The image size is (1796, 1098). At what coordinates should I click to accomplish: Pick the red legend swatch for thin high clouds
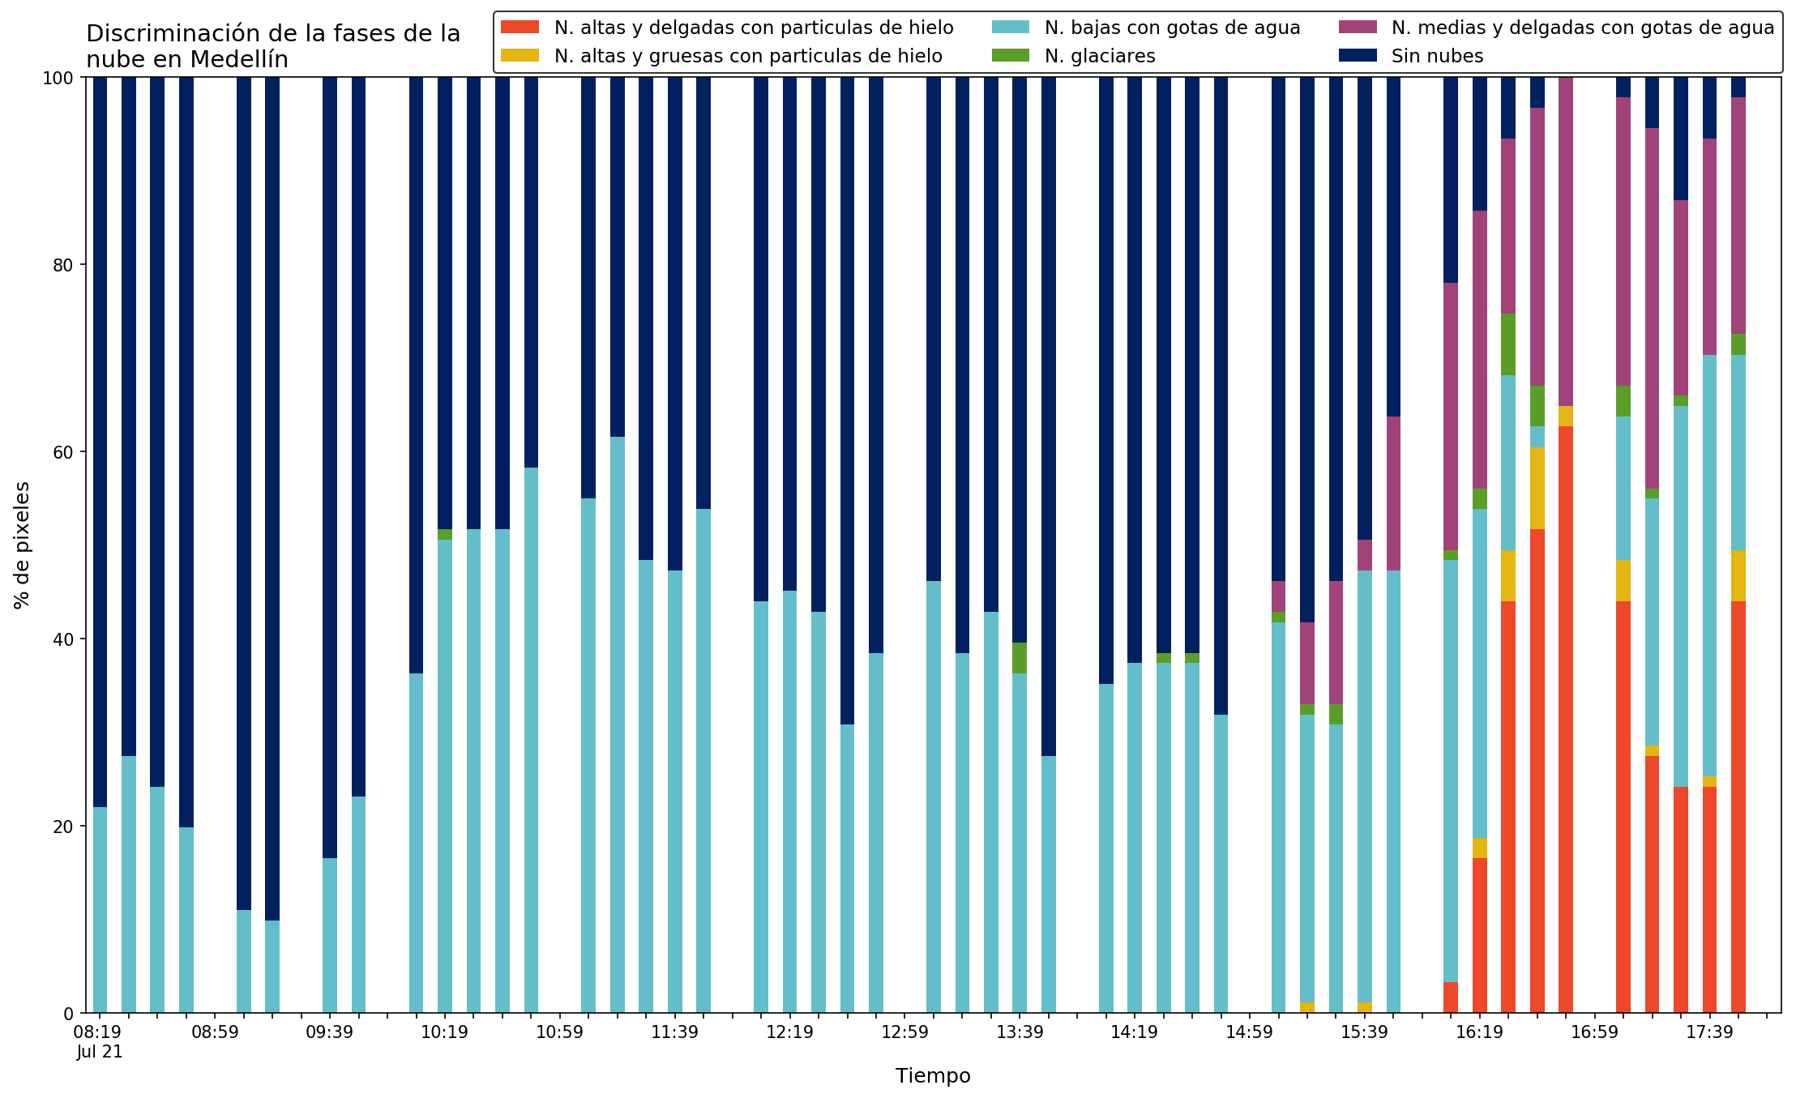click(x=520, y=28)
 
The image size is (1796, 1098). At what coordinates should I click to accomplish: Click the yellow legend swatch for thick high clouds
click(x=520, y=56)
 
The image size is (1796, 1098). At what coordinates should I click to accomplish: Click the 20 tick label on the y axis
click(x=64, y=827)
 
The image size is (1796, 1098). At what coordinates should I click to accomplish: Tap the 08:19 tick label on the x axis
click(x=99, y=1032)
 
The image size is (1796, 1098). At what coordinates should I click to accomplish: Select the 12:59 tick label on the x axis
click(x=904, y=1032)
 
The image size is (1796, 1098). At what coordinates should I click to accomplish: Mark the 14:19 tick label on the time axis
click(x=1134, y=1032)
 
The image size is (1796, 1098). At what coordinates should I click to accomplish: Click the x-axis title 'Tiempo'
click(x=933, y=1076)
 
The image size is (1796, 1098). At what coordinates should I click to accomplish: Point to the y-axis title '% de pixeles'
click(x=23, y=545)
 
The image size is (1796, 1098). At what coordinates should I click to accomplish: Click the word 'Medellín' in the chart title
click(x=240, y=60)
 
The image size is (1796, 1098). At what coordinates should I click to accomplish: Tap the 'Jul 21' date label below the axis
click(x=100, y=1053)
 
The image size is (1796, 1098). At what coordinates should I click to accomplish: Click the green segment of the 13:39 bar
click(x=1020, y=658)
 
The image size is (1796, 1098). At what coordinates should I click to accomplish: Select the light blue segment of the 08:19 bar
click(x=100, y=910)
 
